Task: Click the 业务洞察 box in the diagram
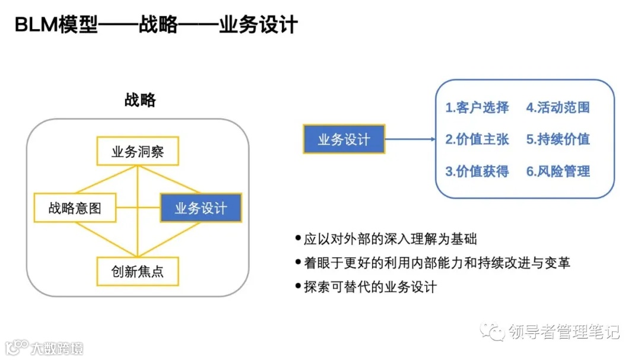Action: [137, 152]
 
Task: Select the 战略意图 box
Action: [75, 208]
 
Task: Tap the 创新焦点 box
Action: [137, 272]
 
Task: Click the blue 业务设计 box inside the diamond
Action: [201, 208]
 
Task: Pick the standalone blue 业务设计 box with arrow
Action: [344, 140]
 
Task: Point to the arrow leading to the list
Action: [411, 140]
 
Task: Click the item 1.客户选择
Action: [477, 107]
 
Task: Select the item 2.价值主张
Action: [477, 139]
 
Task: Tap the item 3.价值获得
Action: [477, 171]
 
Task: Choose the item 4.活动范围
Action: [558, 107]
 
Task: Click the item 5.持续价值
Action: [558, 139]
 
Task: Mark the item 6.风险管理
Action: [558, 171]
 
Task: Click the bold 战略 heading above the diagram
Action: [140, 100]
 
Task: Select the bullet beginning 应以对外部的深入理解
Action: [390, 239]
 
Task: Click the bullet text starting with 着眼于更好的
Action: [436, 263]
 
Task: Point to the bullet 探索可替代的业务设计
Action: [370, 286]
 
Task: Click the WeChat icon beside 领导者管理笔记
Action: [494, 331]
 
